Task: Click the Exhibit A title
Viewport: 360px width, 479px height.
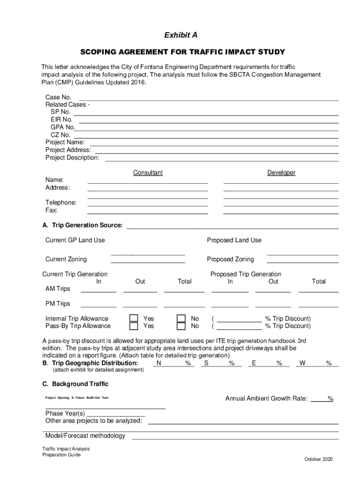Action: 180,35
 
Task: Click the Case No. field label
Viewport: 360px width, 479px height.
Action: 58,97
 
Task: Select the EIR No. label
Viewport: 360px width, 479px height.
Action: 61,120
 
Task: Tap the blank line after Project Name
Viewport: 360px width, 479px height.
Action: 213,142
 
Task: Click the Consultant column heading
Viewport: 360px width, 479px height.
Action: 148,173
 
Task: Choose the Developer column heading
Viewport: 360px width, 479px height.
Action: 281,173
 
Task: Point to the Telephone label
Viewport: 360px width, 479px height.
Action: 61,203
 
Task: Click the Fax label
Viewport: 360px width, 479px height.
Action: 51,210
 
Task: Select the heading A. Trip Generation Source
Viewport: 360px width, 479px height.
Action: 82,225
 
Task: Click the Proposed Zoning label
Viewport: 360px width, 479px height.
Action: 230,259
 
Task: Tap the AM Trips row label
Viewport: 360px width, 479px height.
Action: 58,289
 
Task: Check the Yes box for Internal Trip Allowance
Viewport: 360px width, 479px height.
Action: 134,319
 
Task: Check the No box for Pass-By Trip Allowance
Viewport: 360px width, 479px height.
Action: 181,326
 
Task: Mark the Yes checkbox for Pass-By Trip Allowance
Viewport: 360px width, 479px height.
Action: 134,326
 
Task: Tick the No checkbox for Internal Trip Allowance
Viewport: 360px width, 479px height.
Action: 181,319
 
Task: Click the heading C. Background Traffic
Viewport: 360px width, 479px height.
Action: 75,384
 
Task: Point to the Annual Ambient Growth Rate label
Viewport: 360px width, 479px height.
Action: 266,399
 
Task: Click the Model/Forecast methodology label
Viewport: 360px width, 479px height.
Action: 85,436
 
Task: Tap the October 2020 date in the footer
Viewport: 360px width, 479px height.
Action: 318,459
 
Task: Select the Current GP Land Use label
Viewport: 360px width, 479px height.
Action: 75,240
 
